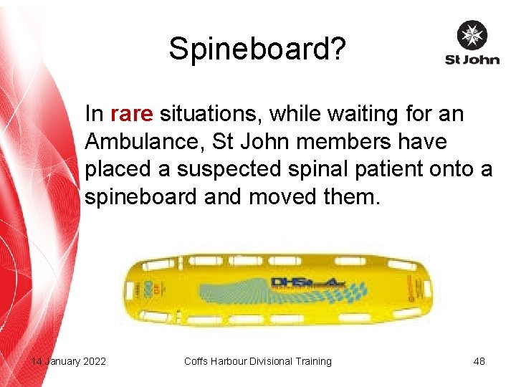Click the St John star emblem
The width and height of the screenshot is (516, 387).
pyautogui.click(x=472, y=35)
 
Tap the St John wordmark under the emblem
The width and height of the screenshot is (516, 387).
pyautogui.click(x=472, y=59)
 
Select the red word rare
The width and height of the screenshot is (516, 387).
pyautogui.click(x=132, y=114)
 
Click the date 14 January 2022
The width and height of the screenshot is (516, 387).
pyautogui.click(x=69, y=361)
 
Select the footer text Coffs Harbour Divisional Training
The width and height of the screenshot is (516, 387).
pyautogui.click(x=258, y=361)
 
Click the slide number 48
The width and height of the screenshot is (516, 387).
pyautogui.click(x=479, y=361)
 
